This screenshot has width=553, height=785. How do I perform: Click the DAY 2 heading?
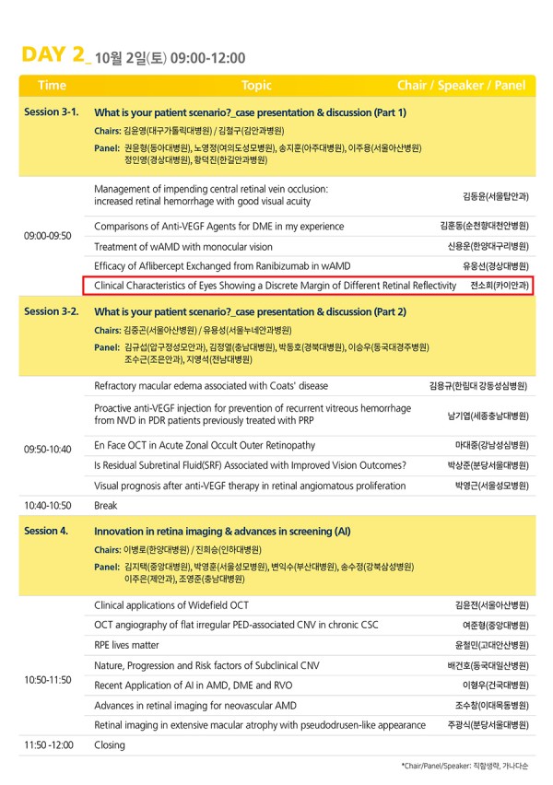coord(53,54)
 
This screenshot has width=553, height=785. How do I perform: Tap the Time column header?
coord(52,86)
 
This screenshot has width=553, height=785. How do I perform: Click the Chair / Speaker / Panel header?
coord(461,86)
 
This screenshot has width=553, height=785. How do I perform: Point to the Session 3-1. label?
coord(52,112)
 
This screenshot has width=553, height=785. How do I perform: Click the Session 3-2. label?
coord(52,311)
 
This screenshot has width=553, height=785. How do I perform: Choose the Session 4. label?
coord(46,531)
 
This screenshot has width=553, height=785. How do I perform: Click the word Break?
coord(107,506)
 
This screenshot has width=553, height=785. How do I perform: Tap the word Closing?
coord(110,744)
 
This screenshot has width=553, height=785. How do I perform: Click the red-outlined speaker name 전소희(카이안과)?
coord(499,287)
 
